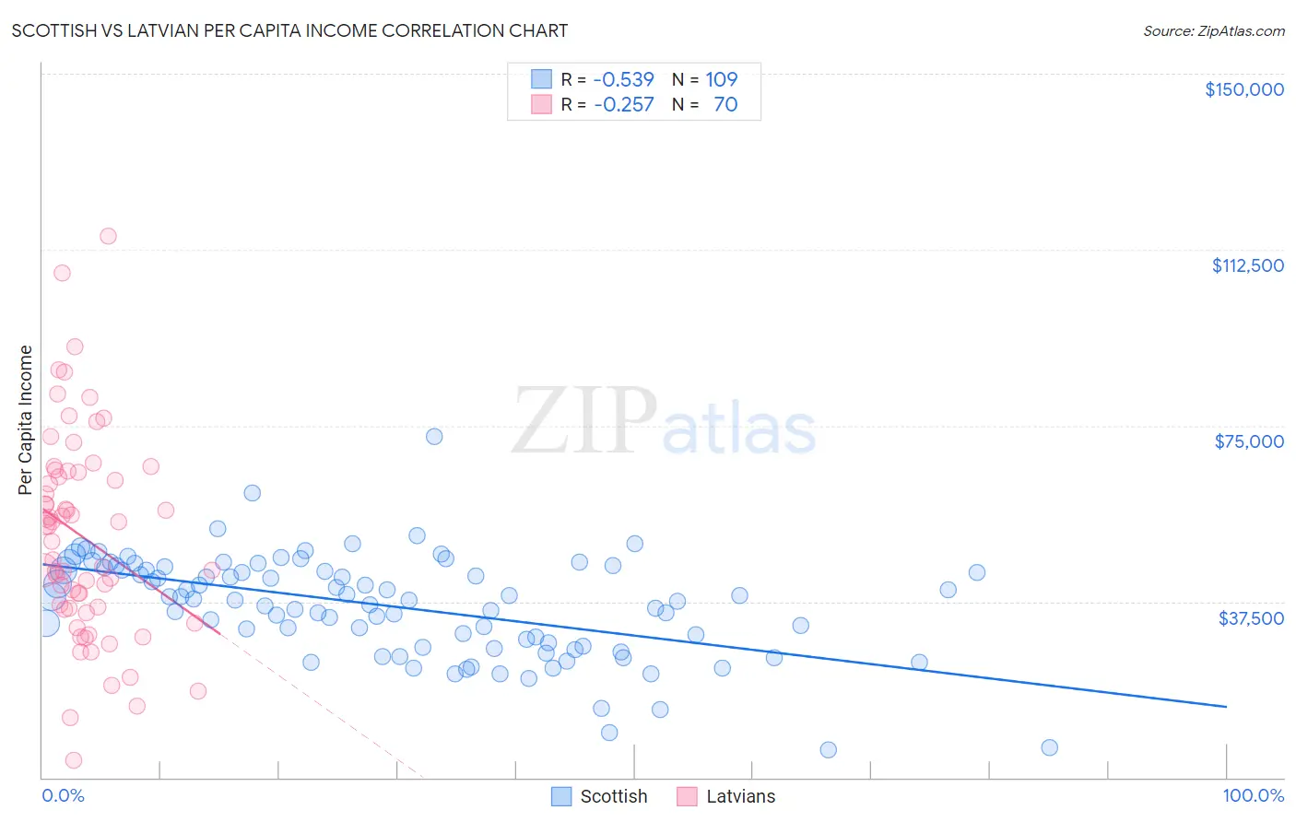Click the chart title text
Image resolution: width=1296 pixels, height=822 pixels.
(289, 30)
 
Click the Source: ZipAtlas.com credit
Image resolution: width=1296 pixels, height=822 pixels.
(1213, 30)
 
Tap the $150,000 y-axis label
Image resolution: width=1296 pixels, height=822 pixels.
(1243, 89)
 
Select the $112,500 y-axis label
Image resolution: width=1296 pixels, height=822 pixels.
(1247, 265)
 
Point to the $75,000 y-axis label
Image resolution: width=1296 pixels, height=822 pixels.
(1249, 441)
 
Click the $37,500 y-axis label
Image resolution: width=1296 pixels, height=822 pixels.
(1251, 617)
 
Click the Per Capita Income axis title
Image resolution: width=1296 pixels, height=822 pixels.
(26, 420)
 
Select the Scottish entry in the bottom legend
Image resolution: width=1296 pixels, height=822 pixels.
(613, 796)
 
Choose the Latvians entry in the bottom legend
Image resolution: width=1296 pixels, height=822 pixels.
(740, 796)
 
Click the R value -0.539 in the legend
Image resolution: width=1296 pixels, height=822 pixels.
(623, 80)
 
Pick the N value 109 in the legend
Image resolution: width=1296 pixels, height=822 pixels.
(722, 80)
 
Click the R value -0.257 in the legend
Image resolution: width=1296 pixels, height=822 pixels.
(623, 105)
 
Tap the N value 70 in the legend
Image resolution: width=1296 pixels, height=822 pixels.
(725, 105)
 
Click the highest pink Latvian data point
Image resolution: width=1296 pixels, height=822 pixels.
(108, 236)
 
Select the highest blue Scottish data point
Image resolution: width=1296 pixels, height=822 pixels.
(434, 437)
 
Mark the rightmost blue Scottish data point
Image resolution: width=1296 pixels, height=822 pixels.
(1049, 747)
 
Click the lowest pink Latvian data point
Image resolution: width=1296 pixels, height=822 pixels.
(74, 760)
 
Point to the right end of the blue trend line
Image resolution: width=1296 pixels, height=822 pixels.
(1226, 706)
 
